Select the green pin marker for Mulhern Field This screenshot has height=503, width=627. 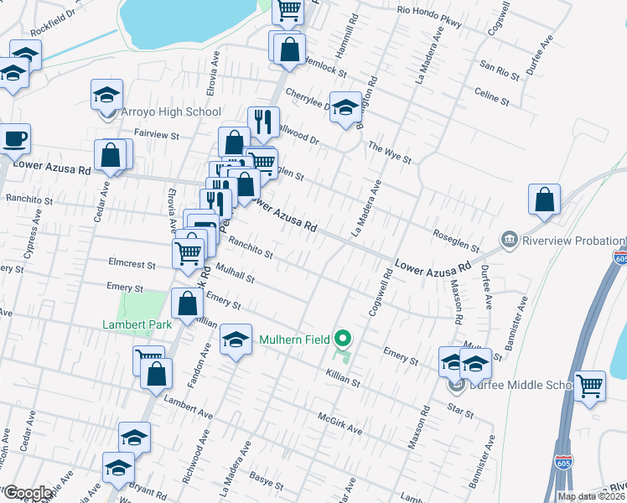[x=342, y=340]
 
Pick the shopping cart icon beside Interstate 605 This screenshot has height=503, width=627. [x=590, y=386]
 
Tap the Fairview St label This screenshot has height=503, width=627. [x=157, y=134]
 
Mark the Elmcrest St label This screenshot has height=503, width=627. [x=132, y=263]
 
